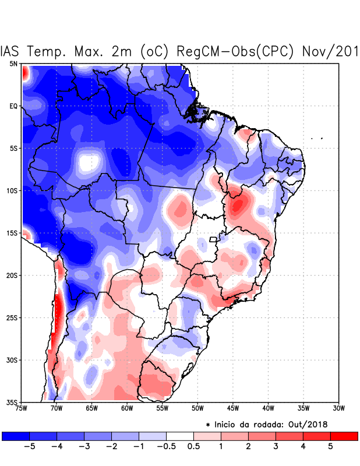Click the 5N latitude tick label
pyautogui.click(x=13, y=64)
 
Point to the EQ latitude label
pyautogui.click(x=13, y=107)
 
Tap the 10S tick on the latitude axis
pyautogui.click(x=12, y=190)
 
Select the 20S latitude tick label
pyautogui.click(x=12, y=276)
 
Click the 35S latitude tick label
pyautogui.click(x=12, y=403)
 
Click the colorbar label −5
pyautogui.click(x=29, y=447)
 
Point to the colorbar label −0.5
pyautogui.click(x=166, y=447)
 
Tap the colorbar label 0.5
pyautogui.click(x=193, y=447)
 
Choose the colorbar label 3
pyautogui.click(x=276, y=447)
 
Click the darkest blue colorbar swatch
pyautogui.click(x=16, y=436)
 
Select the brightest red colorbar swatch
pyautogui.click(x=344, y=436)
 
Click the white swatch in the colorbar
pyautogui.click(x=180, y=436)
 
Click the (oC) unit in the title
pyautogui.click(x=154, y=51)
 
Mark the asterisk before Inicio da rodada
pyautogui.click(x=209, y=426)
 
